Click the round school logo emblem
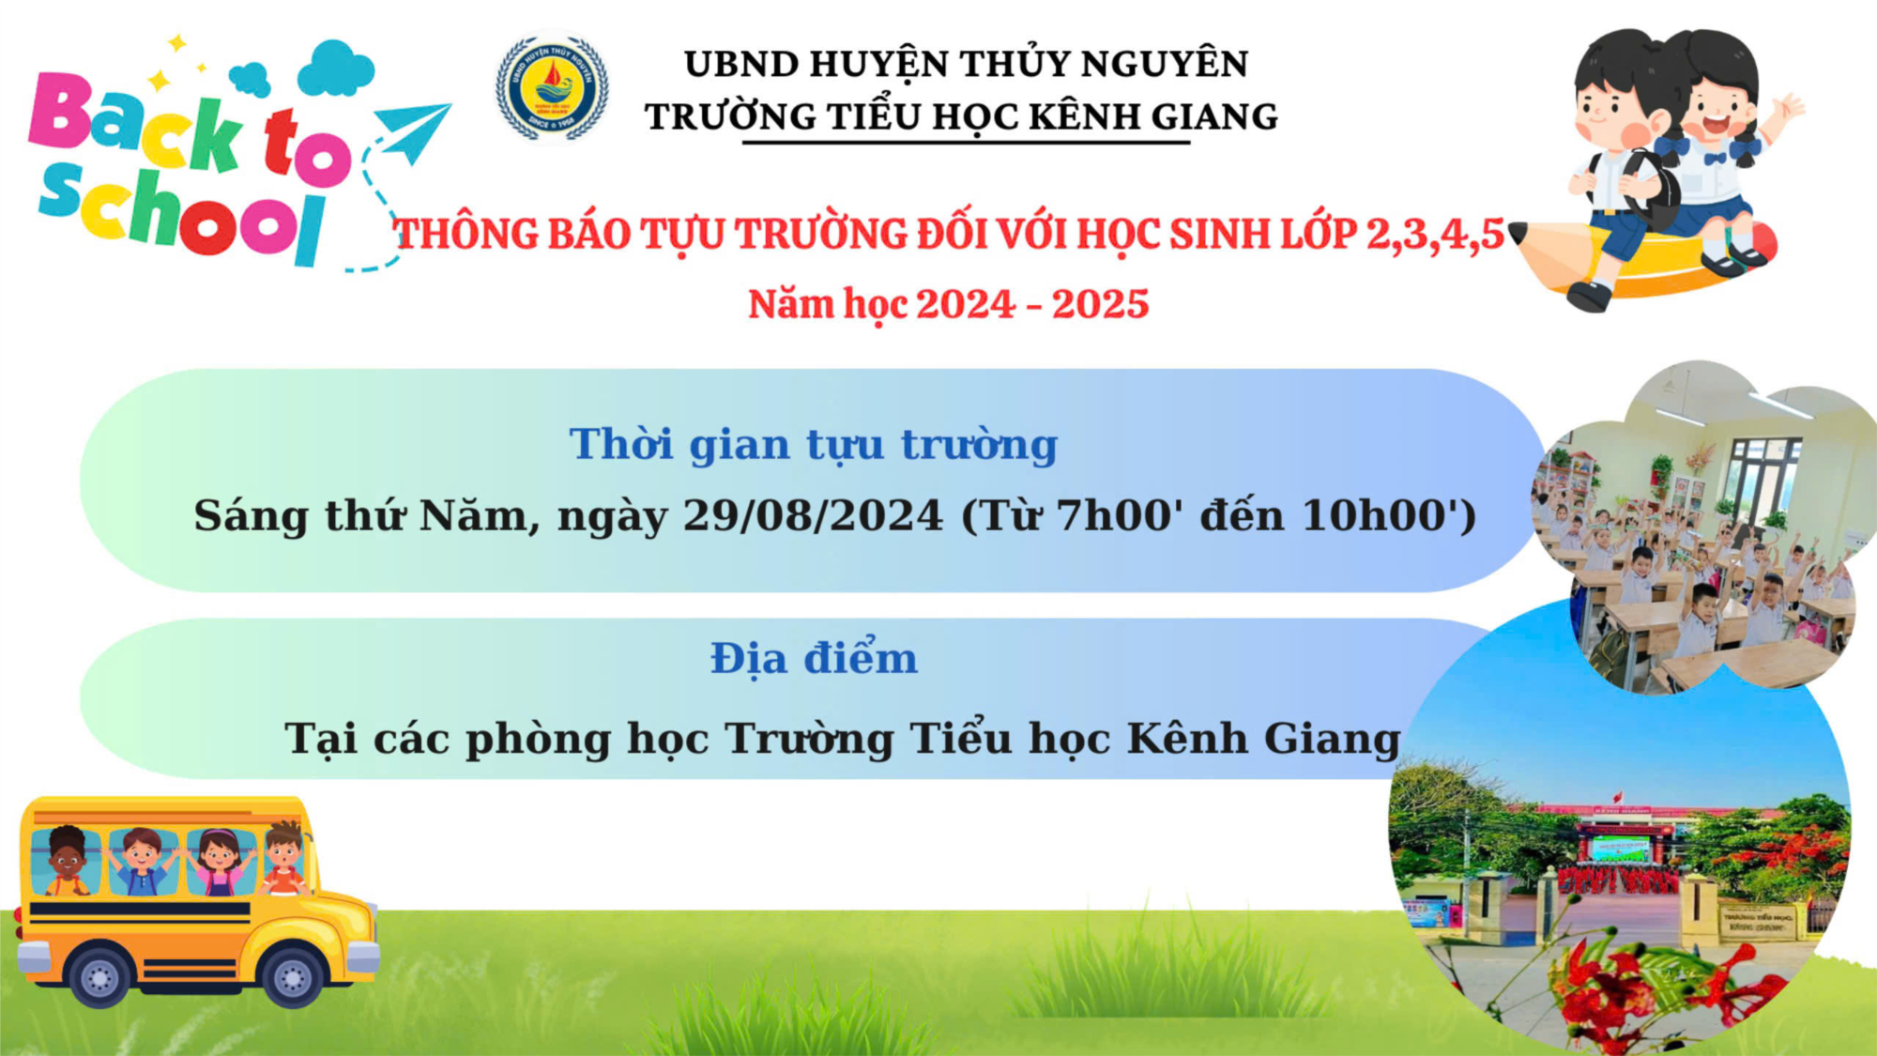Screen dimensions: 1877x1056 552,89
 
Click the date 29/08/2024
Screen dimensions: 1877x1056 813,515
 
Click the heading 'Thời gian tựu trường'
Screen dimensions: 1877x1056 813,445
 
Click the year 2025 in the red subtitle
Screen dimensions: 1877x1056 1100,304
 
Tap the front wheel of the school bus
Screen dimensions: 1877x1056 292,976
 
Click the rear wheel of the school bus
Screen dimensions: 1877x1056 99,976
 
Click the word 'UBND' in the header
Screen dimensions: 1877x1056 741,65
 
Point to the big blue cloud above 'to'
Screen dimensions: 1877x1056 335,68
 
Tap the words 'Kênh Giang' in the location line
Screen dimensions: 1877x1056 1263,739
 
